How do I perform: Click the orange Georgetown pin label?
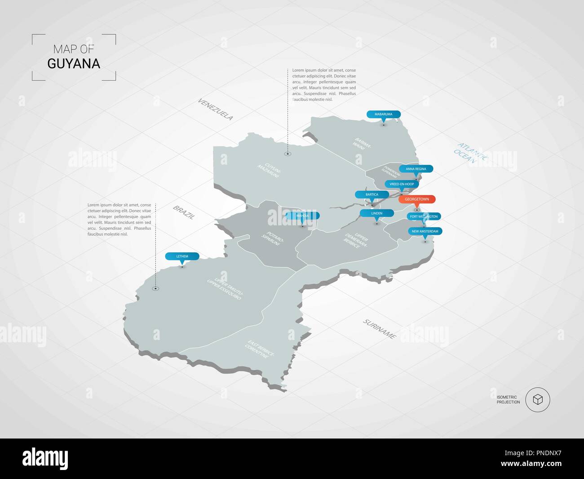[417, 199]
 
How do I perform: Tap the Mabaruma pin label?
[384, 114]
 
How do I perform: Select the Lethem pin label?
[182, 256]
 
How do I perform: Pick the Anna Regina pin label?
[416, 169]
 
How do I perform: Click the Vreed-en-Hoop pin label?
[402, 184]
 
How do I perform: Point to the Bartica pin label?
[372, 195]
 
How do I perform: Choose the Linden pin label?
[377, 213]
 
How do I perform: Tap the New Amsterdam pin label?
[425, 231]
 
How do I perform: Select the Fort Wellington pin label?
[424, 216]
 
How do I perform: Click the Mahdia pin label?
[303, 216]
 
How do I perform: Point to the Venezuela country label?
[216, 109]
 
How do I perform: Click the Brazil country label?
[184, 212]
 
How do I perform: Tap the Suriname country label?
[380, 329]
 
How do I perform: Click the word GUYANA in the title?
[74, 64]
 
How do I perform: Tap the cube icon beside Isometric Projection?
[537, 399]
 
